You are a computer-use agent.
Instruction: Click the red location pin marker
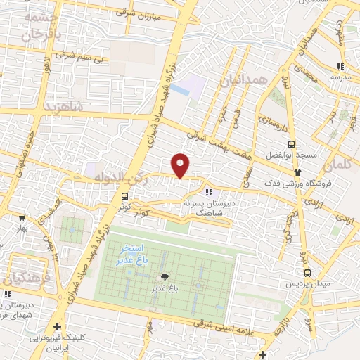pyautogui.click(x=181, y=165)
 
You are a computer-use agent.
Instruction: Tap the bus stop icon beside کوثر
pyautogui.click(x=124, y=196)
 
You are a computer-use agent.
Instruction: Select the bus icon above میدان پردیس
pyautogui.click(x=307, y=273)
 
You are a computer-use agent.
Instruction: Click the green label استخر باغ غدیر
pyautogui.click(x=132, y=254)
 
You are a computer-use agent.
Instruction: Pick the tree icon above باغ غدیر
pyautogui.click(x=165, y=276)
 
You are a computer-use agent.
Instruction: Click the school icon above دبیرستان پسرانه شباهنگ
pyautogui.click(x=208, y=192)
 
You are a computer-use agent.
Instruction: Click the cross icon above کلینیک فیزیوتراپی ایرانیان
pyautogui.click(x=57, y=326)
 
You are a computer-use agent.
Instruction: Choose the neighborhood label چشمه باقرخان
pyautogui.click(x=41, y=25)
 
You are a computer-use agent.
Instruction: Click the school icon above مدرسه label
pyautogui.click(x=340, y=65)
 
